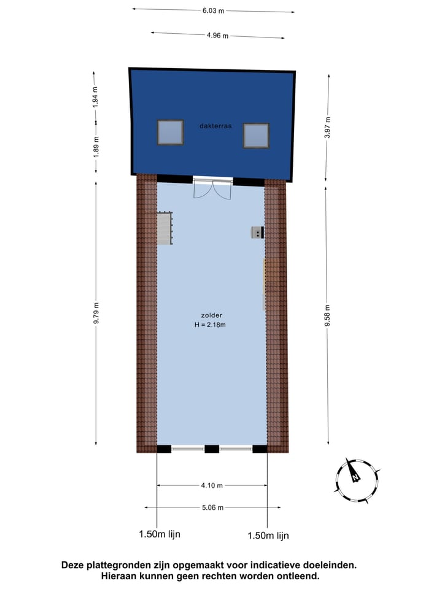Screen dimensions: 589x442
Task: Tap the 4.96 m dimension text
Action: pyautogui.click(x=217, y=36)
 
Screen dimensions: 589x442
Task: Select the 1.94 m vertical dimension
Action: pyautogui.click(x=95, y=98)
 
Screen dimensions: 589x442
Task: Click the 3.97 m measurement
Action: pyautogui.click(x=328, y=127)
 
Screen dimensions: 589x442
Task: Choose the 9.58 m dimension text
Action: pyautogui.click(x=328, y=315)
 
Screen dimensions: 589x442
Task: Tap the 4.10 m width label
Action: pyautogui.click(x=212, y=485)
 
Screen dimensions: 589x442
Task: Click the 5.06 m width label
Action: pyautogui.click(x=212, y=507)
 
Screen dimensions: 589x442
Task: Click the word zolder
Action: pyautogui.click(x=211, y=315)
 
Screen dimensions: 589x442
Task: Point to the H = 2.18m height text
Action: pyautogui.click(x=211, y=325)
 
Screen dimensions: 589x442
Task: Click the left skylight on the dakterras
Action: pyautogui.click(x=171, y=131)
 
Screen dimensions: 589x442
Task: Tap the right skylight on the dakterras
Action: pyautogui.click(x=256, y=136)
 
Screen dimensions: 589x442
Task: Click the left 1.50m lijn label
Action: pyautogui.click(x=160, y=534)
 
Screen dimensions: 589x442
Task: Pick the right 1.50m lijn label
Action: pyautogui.click(x=268, y=536)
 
